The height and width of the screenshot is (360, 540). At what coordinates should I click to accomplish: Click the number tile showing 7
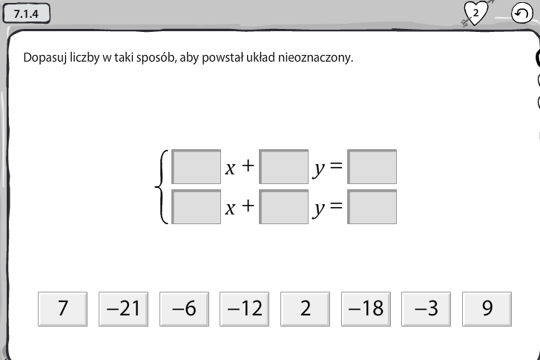coord(62,309)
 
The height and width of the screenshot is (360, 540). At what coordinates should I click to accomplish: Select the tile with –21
coord(123,309)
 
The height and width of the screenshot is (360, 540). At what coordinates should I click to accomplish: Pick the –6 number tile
coord(184,309)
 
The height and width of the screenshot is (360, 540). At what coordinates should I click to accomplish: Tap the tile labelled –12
coord(245,309)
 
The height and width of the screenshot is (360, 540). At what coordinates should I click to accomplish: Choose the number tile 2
coord(305,309)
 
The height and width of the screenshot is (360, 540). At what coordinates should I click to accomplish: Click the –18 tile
coord(366,309)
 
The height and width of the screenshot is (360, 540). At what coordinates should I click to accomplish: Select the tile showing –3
coord(426,309)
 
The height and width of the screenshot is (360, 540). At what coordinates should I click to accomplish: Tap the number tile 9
coord(487,309)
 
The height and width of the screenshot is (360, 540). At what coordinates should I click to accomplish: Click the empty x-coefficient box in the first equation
coord(197,167)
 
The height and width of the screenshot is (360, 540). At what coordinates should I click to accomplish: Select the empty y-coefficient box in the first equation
coord(284,167)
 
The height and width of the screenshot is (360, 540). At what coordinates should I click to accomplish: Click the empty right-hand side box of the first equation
coord(372,167)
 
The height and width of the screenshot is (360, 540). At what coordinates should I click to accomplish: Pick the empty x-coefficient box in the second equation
coord(197,206)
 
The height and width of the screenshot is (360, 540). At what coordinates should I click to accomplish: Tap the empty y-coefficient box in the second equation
coord(284,206)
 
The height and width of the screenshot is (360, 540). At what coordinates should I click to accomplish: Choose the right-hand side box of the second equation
coord(372,206)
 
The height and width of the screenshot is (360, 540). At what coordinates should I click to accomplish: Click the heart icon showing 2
coord(476,13)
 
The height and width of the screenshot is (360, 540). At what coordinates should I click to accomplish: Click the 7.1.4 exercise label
coord(27,14)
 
